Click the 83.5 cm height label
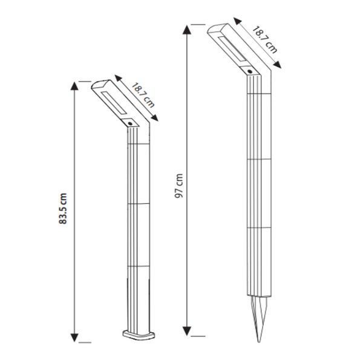[63, 209]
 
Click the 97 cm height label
[178, 186]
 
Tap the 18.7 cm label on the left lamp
[143, 96]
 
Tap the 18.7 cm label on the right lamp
[264, 40]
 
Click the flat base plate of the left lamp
[139, 335]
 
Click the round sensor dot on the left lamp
[130, 123]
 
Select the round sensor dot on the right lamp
[250, 71]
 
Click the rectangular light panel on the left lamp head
[114, 103]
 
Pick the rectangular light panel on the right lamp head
[232, 48]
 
